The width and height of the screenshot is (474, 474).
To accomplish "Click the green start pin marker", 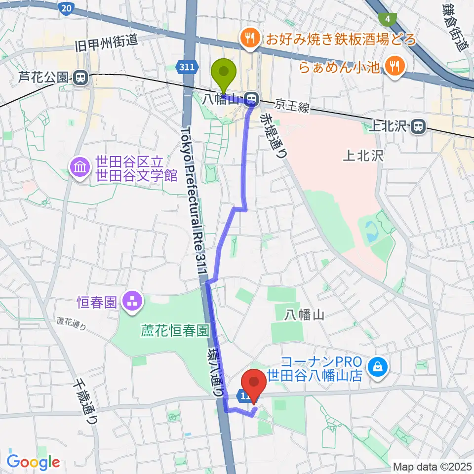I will pos(224,73).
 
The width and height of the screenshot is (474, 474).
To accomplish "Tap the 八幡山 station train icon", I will pos(252,98).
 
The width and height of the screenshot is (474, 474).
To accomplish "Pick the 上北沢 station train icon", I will pos(418,127).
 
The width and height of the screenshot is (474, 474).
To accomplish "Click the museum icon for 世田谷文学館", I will pos(79,168).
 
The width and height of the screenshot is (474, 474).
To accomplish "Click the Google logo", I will pos(33,461).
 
